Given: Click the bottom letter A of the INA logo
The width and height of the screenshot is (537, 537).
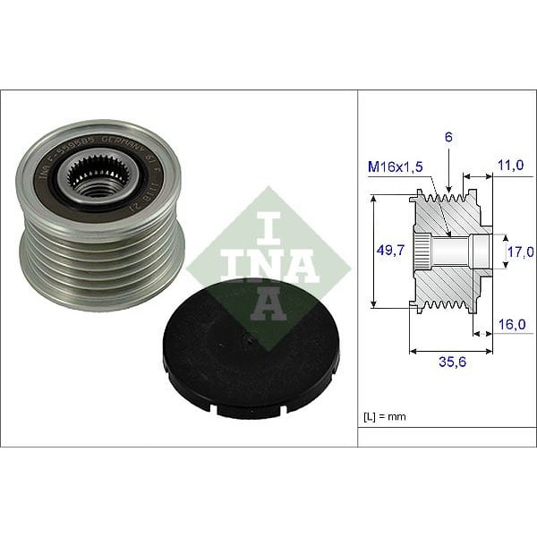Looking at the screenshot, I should (268, 305).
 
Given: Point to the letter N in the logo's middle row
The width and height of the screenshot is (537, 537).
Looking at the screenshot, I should (268, 266).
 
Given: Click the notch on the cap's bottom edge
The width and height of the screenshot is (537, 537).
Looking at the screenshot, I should (220, 410).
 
